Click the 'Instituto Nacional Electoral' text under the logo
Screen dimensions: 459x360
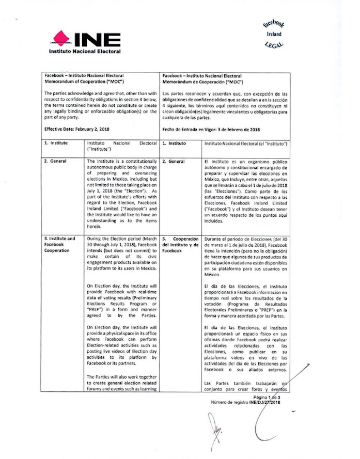pos(85,52)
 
